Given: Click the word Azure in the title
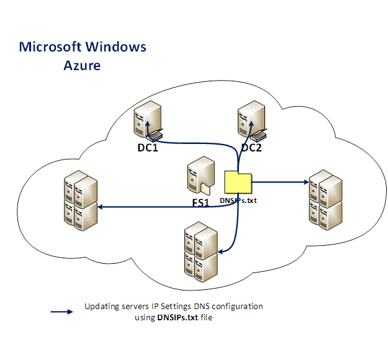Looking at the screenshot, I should (x=82, y=65).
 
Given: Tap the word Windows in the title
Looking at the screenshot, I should (x=116, y=47).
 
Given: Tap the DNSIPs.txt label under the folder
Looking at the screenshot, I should (x=238, y=200).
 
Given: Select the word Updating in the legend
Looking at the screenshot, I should (x=100, y=307).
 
